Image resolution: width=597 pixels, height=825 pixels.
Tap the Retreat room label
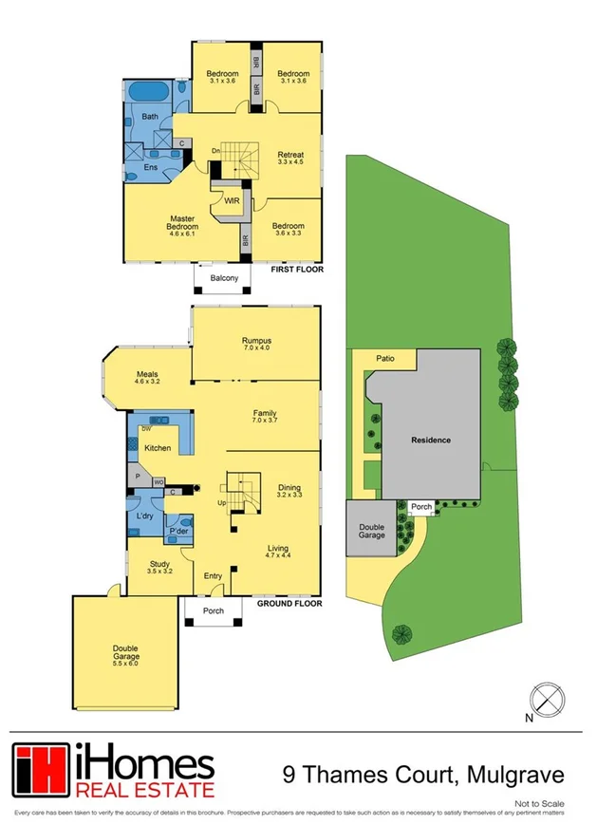click(x=290, y=156)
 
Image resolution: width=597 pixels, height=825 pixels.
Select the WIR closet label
click(x=231, y=200)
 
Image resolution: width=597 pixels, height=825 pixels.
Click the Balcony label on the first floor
click(x=224, y=278)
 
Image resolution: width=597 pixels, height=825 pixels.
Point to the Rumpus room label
click(x=256, y=341)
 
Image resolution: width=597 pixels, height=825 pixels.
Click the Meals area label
click(x=146, y=374)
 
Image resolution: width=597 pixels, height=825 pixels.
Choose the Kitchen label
click(x=158, y=447)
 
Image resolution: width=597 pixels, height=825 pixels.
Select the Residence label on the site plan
click(x=430, y=441)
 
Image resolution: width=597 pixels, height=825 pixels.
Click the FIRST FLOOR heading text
click(x=296, y=271)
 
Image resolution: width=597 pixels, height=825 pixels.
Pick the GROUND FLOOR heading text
click(x=289, y=603)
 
